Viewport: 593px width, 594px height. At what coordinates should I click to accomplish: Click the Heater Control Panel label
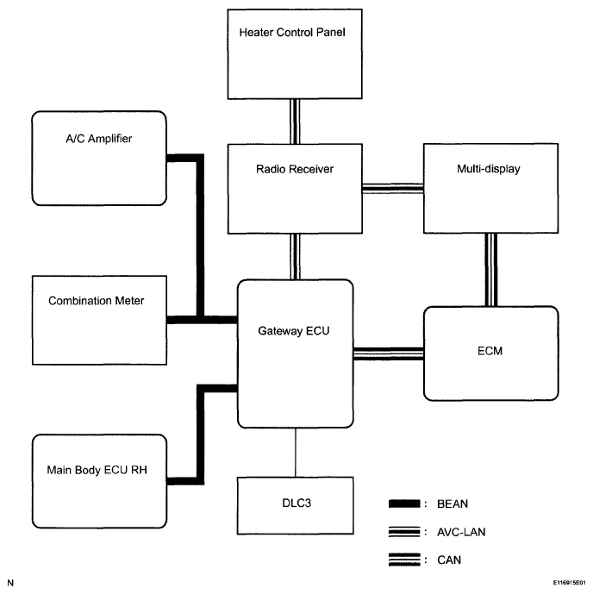(x=292, y=32)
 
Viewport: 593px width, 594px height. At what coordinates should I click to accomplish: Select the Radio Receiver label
(x=295, y=169)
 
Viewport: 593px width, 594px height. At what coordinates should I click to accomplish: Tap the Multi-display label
(x=489, y=169)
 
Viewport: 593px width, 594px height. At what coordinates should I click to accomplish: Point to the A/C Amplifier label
(x=99, y=139)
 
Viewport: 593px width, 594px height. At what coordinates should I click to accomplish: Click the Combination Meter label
(x=97, y=301)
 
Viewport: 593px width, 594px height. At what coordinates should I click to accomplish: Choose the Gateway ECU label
(x=293, y=331)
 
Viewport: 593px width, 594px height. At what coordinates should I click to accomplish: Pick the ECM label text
(x=490, y=351)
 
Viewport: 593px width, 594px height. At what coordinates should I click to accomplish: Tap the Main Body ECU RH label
(x=97, y=470)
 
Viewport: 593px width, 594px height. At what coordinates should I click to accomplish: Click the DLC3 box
(x=296, y=506)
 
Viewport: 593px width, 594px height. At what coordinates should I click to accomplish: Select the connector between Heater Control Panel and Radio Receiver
(x=295, y=122)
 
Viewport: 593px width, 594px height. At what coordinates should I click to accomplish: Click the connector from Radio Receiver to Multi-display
(x=393, y=188)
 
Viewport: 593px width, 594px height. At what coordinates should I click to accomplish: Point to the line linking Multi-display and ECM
(x=491, y=270)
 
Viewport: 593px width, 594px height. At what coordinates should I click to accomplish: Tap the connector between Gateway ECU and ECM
(x=389, y=353)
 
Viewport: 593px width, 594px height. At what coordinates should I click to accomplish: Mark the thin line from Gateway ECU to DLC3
(x=296, y=453)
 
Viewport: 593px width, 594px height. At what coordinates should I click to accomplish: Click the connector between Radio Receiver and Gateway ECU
(x=295, y=256)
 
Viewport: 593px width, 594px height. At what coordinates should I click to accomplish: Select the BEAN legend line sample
(x=404, y=503)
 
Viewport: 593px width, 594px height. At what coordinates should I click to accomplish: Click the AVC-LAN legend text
(x=461, y=532)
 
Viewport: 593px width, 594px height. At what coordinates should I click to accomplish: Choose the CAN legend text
(x=449, y=560)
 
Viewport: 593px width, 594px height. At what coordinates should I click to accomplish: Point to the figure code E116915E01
(x=569, y=583)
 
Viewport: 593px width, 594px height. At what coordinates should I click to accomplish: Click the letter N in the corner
(x=10, y=583)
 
